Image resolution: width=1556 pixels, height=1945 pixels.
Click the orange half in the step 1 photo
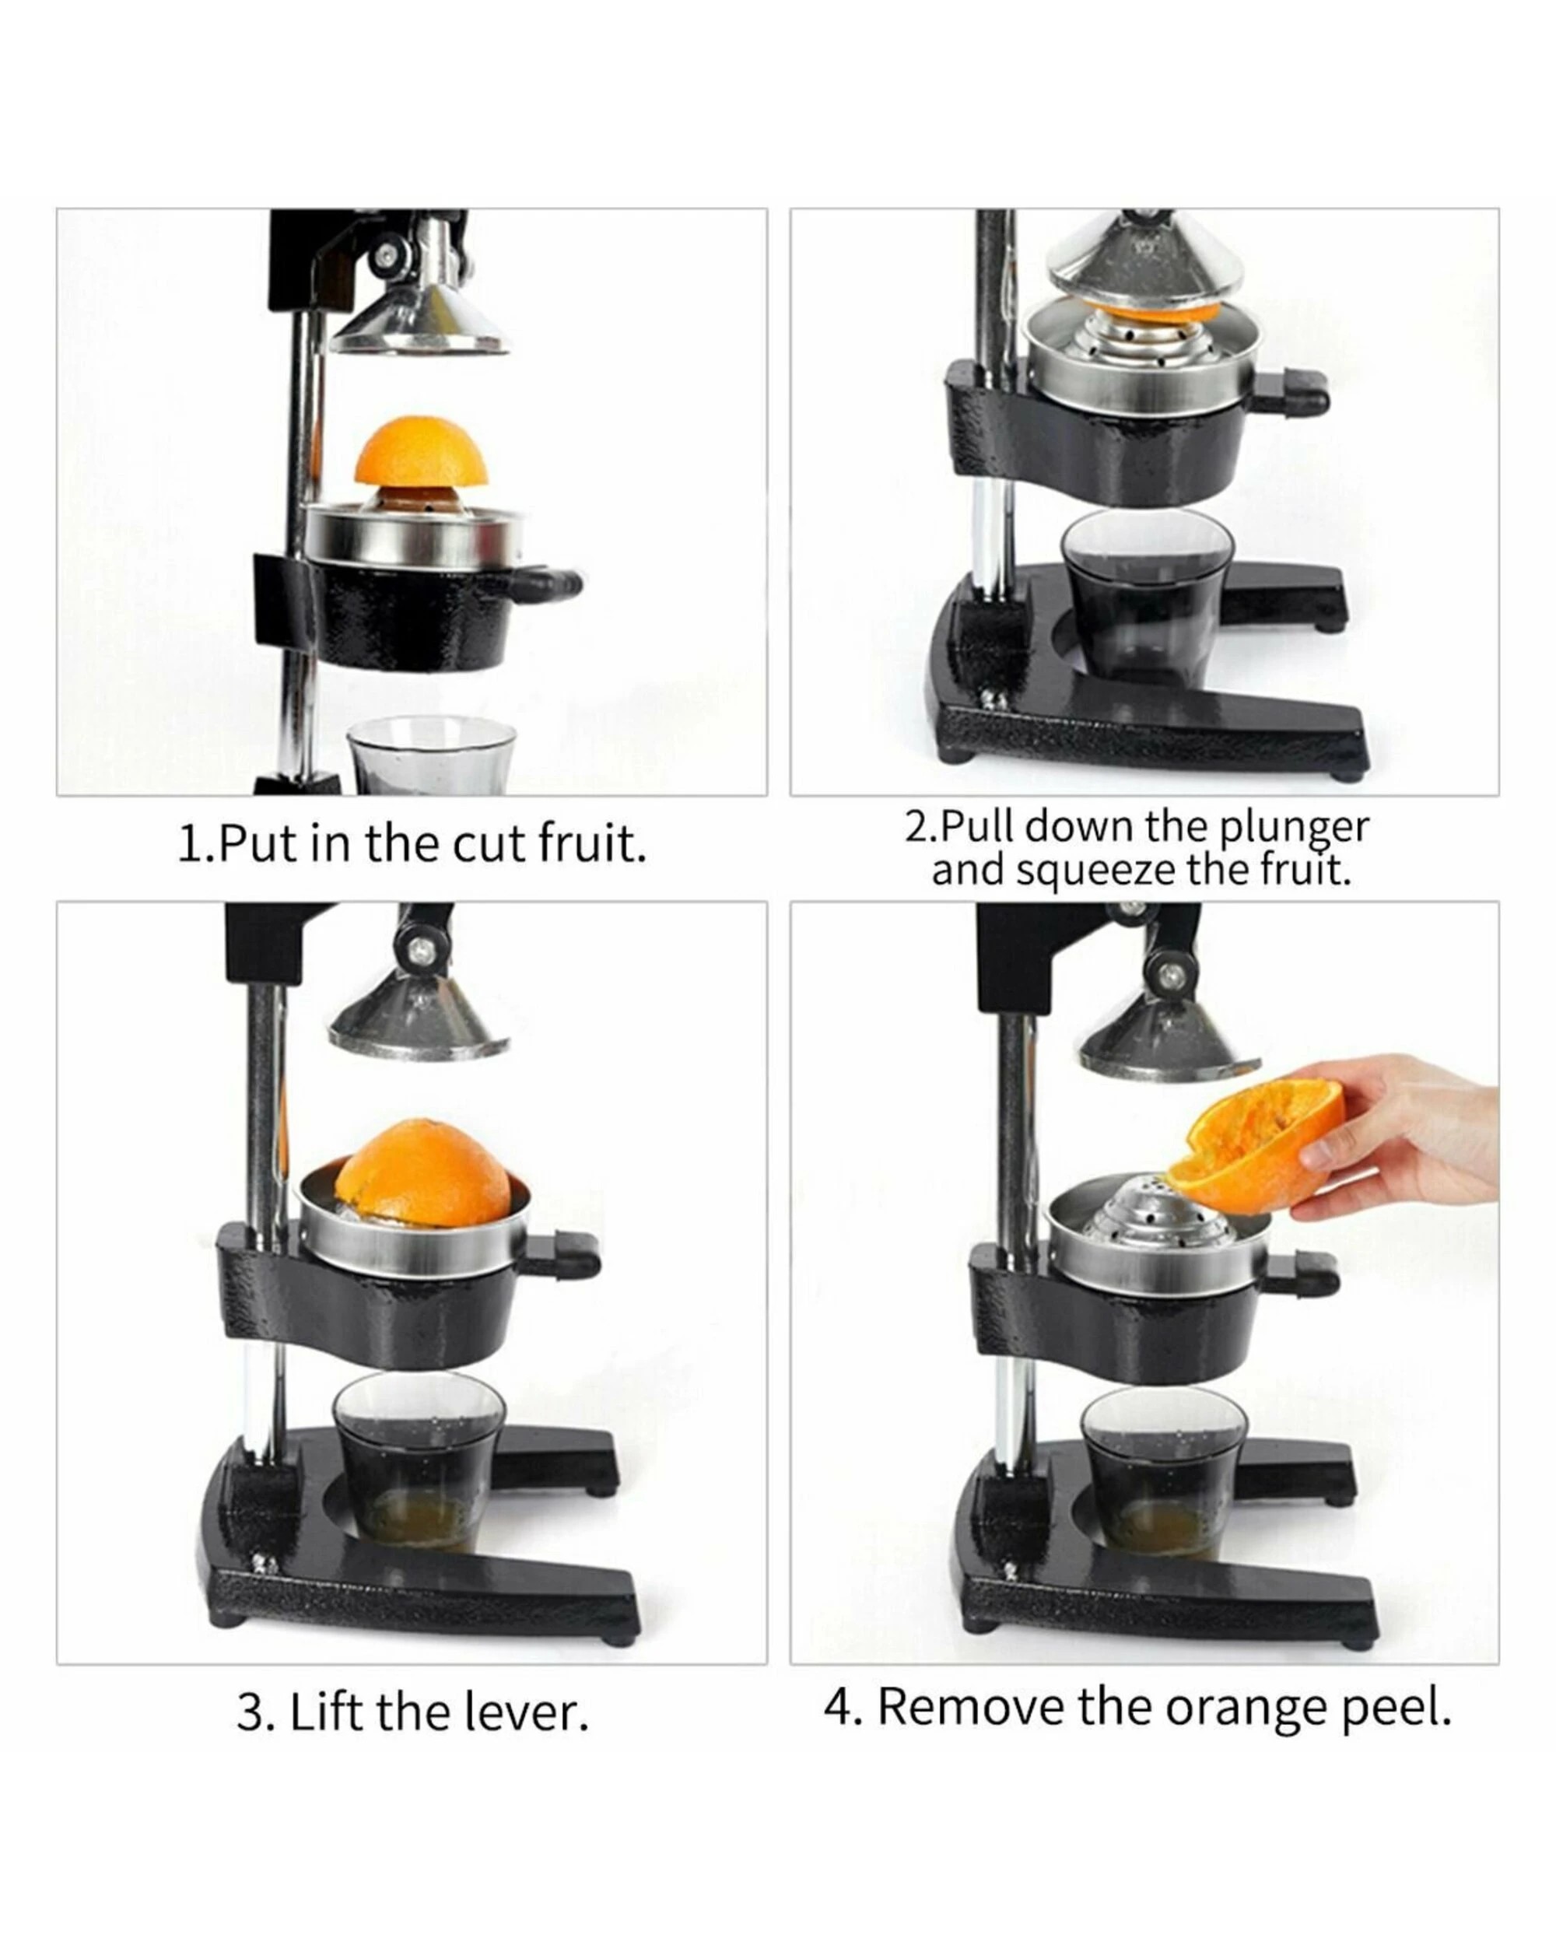click(421, 453)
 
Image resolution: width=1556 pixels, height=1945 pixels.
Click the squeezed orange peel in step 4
click(1254, 1144)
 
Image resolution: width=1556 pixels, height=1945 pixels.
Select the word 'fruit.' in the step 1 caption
click(593, 844)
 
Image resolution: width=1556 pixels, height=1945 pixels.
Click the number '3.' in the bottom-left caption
click(254, 1712)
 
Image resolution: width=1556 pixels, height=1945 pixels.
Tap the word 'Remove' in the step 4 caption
click(969, 1707)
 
